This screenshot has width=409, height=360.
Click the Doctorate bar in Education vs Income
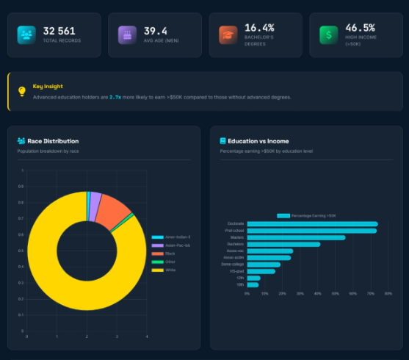point(312,224)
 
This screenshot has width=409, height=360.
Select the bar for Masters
point(296,237)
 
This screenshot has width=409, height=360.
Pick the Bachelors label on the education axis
point(236,244)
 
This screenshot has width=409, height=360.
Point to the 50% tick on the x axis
point(336,293)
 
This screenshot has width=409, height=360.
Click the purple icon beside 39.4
point(128,35)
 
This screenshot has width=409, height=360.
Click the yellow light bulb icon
point(21,91)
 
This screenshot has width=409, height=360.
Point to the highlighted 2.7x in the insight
point(115,97)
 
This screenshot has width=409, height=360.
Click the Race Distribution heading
point(53,141)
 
